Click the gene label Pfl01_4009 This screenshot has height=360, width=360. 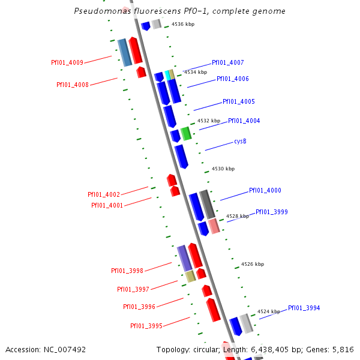[x=67, y=62]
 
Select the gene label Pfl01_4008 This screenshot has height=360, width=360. [x=73, y=85]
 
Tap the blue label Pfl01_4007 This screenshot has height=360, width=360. [x=227, y=62]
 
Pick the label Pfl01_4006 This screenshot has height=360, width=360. [x=232, y=79]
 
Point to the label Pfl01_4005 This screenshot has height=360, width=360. [x=238, y=102]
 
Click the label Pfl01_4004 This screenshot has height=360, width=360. [x=244, y=121]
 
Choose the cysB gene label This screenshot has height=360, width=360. [x=240, y=142]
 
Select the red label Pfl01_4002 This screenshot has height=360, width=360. [x=104, y=194]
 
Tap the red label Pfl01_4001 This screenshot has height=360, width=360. [x=107, y=205]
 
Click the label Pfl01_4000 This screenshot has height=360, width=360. [x=265, y=191]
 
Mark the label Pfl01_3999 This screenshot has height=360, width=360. [x=271, y=212]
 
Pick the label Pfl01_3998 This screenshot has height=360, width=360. [x=127, y=271]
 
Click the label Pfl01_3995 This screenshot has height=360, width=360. [x=146, y=326]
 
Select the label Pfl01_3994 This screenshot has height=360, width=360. [x=304, y=308]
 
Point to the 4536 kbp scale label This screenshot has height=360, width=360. [x=183, y=25]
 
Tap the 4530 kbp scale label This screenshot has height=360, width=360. [x=223, y=169]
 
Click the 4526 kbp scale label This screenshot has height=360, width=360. [x=253, y=264]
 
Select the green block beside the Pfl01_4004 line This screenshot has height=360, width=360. [x=187, y=133]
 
